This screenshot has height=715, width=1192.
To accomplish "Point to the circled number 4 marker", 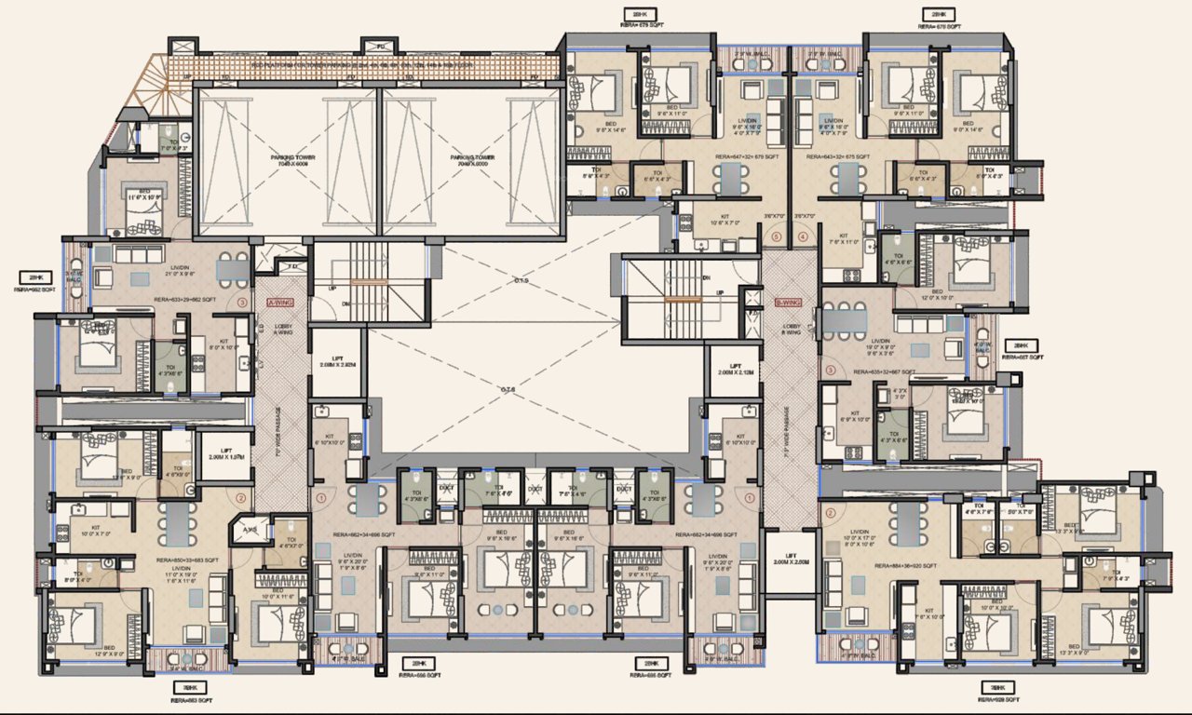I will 804,236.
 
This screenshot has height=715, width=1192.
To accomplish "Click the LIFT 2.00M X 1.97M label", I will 224,456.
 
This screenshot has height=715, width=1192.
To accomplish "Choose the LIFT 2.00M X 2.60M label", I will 790,559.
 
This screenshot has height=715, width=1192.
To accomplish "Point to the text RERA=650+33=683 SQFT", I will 187,560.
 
